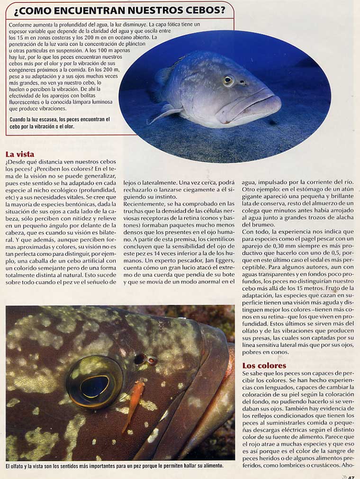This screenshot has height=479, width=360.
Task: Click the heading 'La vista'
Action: click(19, 154)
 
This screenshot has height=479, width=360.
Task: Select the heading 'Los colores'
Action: click(264, 365)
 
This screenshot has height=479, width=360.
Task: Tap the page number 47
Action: click(351, 476)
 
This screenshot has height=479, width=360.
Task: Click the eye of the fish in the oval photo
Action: click(228, 80)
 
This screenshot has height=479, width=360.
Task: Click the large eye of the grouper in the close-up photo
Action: click(95, 382)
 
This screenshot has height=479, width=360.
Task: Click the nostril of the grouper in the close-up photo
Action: click(140, 359)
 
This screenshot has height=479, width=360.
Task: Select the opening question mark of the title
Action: click(17, 10)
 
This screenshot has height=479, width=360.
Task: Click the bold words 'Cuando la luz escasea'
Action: click(33, 120)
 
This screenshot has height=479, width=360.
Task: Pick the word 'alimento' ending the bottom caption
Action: click(210, 466)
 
